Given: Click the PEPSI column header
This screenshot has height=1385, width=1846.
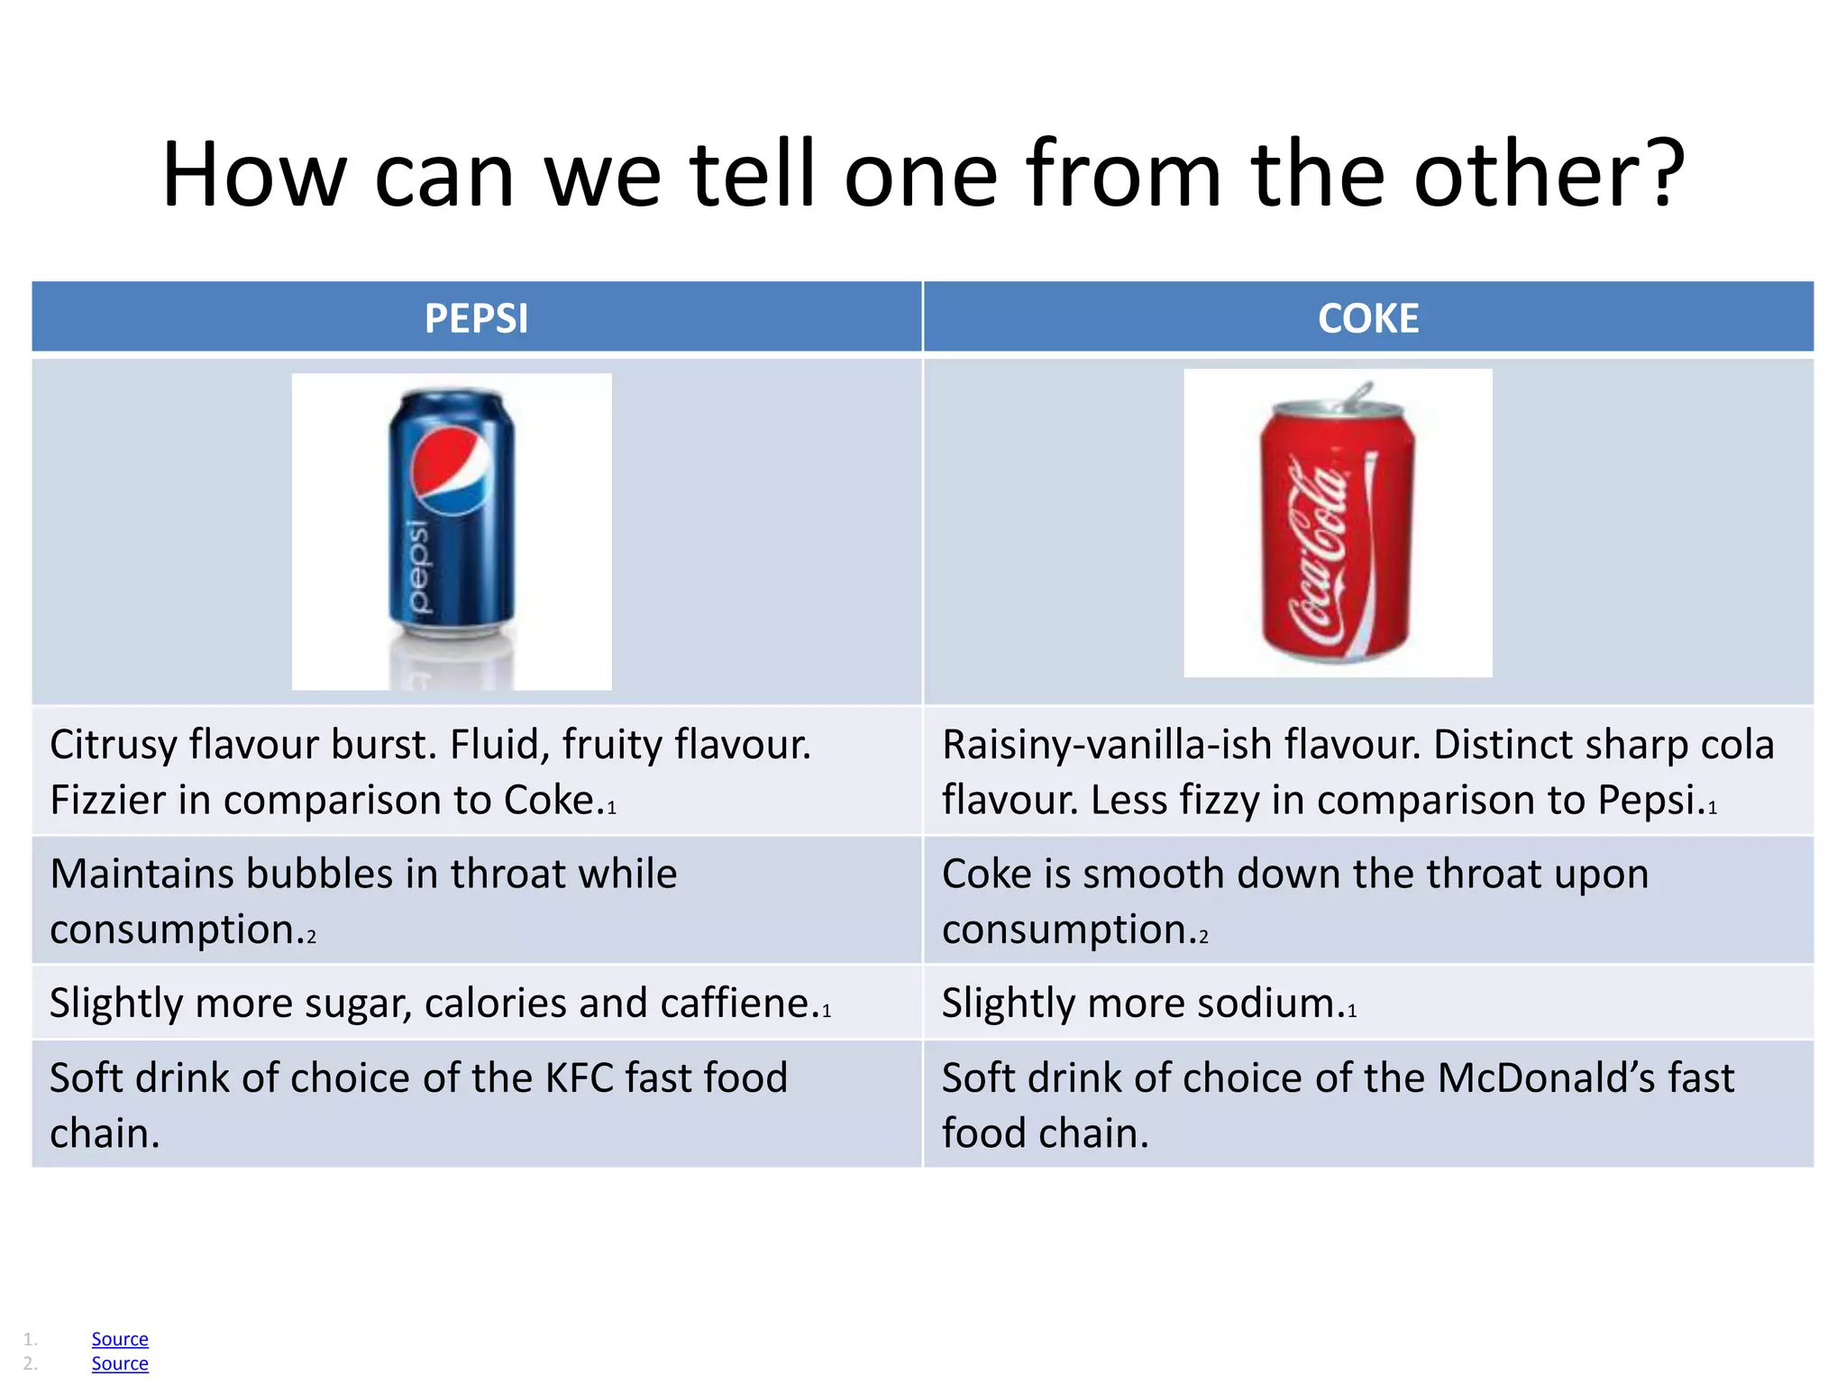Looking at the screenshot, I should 476,318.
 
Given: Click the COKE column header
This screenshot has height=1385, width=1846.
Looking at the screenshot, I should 1367,318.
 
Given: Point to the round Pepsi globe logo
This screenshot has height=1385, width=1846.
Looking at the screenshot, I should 451,470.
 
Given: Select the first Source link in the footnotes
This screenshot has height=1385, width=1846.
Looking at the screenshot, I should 120,1339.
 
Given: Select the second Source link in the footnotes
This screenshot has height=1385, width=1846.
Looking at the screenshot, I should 120,1363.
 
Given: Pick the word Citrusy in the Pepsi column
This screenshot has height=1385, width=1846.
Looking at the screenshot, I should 113,746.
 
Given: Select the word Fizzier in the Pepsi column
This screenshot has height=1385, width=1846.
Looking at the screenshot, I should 108,801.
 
